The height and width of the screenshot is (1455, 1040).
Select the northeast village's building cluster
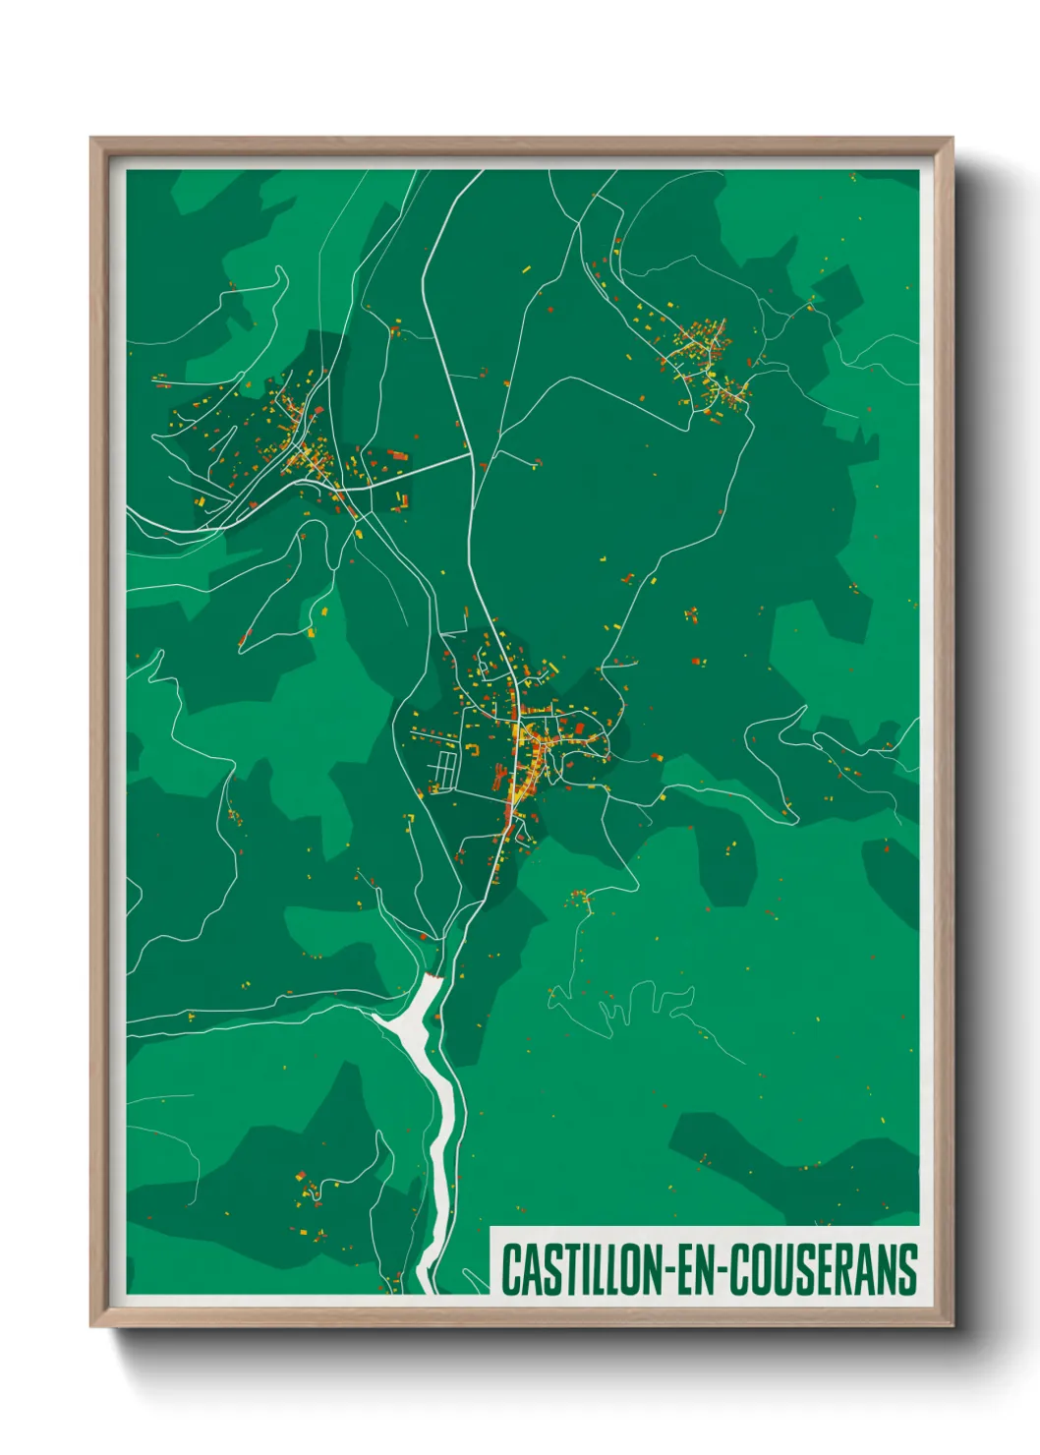point(708,359)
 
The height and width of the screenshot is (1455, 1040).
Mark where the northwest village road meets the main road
point(470,455)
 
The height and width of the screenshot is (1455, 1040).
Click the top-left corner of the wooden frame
point(91,139)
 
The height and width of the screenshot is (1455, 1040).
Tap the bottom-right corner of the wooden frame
point(952,1326)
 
